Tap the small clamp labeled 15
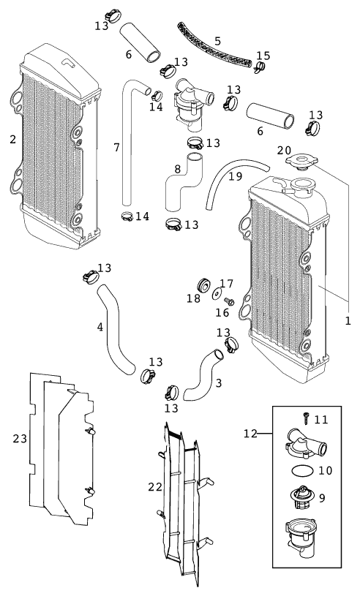pyautogui.click(x=260, y=68)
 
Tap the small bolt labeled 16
pyautogui.click(x=229, y=302)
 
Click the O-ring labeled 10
pyautogui.click(x=302, y=470)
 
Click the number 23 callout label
pyautogui.click(x=20, y=439)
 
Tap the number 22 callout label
pyautogui.click(x=155, y=487)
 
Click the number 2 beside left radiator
pyautogui.click(x=13, y=140)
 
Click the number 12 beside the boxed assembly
pyautogui.click(x=250, y=434)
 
